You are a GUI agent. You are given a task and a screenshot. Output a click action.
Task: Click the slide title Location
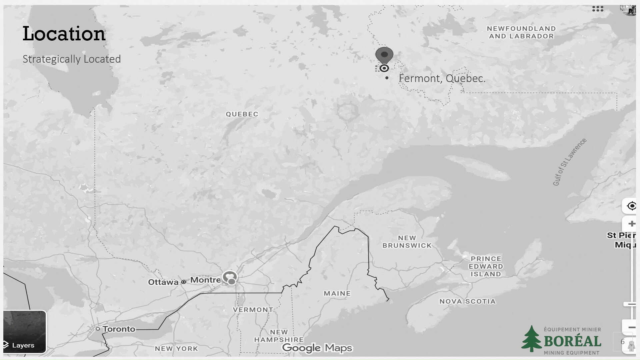pos(64,34)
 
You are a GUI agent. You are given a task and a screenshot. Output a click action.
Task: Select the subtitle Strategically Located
pos(72,59)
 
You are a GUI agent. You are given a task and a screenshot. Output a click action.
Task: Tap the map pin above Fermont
pos(384,55)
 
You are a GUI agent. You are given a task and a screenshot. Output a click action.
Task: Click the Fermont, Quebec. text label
pos(442,78)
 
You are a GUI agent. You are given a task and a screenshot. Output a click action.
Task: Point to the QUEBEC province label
pos(242,114)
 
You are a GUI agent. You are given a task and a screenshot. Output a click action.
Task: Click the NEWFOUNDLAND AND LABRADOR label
pos(521,32)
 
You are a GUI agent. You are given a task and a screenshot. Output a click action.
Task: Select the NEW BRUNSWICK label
pos(407,242)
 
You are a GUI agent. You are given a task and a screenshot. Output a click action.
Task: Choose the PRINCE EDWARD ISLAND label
pos(486,266)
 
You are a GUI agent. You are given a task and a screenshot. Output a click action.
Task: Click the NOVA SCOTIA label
pos(467,301)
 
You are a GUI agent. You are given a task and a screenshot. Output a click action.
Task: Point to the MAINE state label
pos(337,293)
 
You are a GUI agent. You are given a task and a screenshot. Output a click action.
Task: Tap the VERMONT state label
pos(253,310)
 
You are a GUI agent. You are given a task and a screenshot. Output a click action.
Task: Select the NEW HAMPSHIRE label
pos(279,336)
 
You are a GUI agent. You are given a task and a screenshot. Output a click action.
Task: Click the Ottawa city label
pos(163,282)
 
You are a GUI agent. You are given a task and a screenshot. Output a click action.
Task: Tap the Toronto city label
pos(119,329)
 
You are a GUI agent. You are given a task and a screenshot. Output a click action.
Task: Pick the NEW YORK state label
pos(176,349)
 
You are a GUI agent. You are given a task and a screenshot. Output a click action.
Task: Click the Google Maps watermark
pos(317,348)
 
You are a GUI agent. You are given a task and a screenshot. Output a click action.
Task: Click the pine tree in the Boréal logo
pos(532,339)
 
